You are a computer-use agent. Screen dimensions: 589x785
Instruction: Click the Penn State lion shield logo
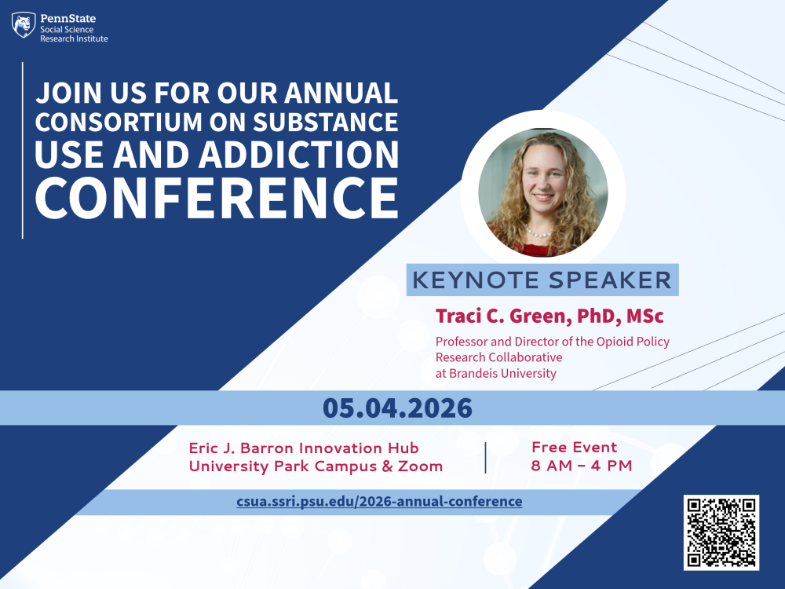pos(24,25)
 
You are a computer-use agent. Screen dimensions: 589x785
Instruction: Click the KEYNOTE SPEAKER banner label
pos(542,280)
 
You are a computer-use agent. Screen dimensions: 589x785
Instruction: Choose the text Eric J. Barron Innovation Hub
pos(304,448)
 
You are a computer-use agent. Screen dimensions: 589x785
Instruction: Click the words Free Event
pos(575,448)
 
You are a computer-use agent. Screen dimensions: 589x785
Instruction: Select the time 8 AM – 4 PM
pos(582,466)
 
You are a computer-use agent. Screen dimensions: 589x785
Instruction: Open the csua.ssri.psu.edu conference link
pos(379,501)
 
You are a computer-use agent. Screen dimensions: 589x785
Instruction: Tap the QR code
pos(721,532)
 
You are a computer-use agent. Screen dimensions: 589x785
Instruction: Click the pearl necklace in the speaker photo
pos(539,232)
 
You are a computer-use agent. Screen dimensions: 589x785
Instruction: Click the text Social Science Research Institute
pos(74,34)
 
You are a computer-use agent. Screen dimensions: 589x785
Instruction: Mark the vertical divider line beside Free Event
pos(486,457)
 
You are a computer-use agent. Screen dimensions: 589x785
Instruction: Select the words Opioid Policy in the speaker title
pos(637,342)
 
